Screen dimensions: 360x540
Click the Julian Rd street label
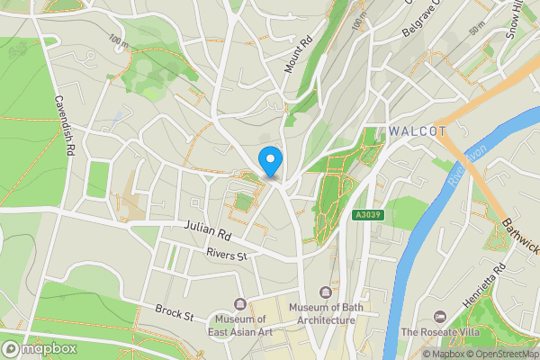click(209, 233)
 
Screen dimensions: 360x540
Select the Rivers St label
click(226, 256)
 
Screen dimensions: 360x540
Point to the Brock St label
click(174, 313)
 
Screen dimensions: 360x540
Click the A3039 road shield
click(366, 215)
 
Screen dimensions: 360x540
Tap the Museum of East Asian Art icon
click(239, 303)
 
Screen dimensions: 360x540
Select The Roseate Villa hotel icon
click(439, 317)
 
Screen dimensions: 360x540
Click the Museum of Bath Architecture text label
click(327, 315)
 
